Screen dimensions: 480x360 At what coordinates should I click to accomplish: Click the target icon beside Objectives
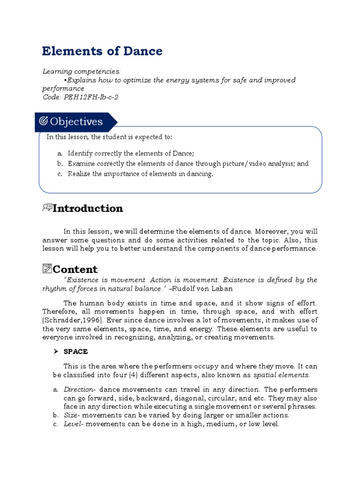[44, 122]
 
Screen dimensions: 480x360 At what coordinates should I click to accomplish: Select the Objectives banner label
[76, 122]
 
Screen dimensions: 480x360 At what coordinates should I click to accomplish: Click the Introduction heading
[88, 208]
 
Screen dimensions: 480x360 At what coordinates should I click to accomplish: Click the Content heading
[75, 269]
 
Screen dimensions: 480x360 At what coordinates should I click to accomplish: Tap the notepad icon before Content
[46, 269]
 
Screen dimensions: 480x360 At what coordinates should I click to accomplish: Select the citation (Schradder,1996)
[69, 320]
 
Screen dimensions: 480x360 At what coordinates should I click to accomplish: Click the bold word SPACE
[76, 351]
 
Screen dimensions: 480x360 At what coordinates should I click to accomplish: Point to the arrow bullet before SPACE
[55, 351]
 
